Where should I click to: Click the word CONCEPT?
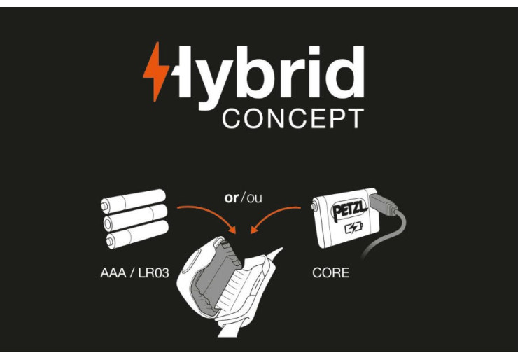tap(293, 118)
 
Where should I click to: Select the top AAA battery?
tap(133, 200)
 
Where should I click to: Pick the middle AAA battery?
tap(135, 217)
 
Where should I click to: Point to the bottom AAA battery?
tap(137, 234)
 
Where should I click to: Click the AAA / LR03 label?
tap(134, 273)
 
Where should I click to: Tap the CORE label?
tap(330, 272)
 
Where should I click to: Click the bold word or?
tap(231, 198)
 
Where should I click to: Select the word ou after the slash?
tap(254, 198)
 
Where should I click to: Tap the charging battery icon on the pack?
tap(353, 228)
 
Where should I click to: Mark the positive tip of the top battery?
tap(104, 207)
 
